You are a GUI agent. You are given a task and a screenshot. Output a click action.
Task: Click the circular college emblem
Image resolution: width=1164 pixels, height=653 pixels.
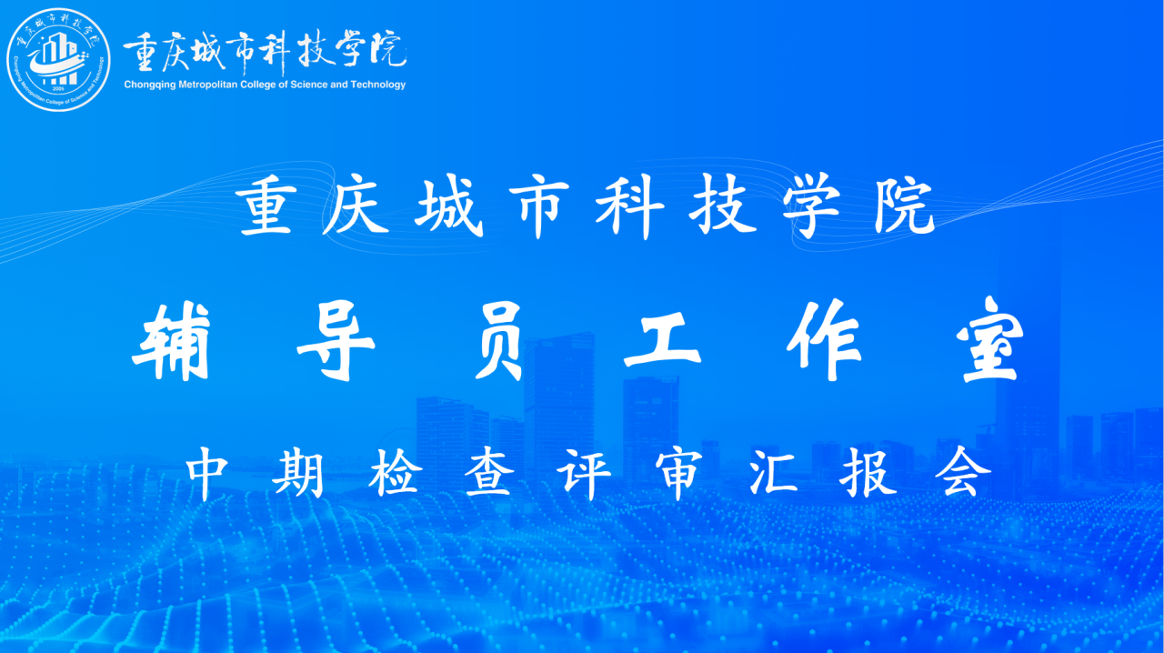[x=58, y=59]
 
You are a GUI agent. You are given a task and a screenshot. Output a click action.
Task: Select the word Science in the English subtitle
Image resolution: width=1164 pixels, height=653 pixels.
[x=308, y=85]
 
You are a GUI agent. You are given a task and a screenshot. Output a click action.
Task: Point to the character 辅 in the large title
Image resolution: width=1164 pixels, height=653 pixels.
[x=172, y=342]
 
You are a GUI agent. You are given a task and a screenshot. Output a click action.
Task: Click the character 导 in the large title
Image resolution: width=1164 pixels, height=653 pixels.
[x=336, y=342]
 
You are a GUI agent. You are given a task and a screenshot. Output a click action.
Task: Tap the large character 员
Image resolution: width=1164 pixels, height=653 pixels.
[x=499, y=342]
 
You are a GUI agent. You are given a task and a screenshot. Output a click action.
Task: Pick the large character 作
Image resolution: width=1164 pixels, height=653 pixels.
[x=824, y=340]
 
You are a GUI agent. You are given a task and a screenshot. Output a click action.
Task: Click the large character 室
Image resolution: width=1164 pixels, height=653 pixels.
[x=990, y=340]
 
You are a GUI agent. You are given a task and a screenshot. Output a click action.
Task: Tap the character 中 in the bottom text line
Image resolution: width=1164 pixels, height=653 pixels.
[x=206, y=473]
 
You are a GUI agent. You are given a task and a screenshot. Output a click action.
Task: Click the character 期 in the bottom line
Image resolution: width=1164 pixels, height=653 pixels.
[x=298, y=473]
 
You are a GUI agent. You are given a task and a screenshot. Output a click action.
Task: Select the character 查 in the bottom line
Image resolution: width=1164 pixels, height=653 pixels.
[x=488, y=473]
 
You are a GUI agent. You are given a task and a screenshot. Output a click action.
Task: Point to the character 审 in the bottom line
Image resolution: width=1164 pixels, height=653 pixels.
[x=678, y=474]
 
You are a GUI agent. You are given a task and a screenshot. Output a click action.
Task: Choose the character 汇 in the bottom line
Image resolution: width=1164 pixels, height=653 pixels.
[x=773, y=472]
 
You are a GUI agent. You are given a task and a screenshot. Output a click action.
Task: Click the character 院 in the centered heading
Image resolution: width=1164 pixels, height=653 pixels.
[x=904, y=206]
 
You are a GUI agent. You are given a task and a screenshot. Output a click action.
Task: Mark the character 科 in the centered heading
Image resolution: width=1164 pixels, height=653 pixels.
[x=630, y=207]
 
